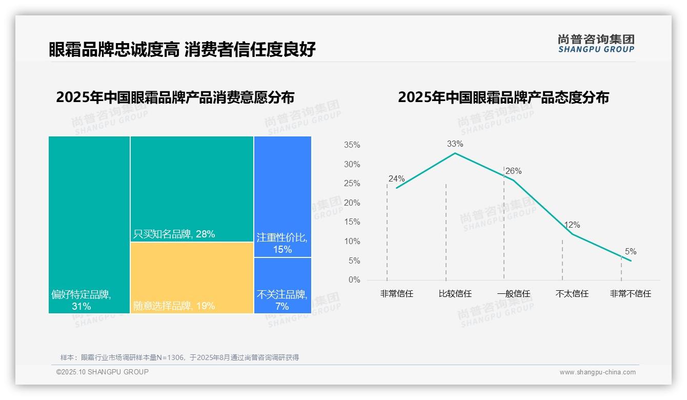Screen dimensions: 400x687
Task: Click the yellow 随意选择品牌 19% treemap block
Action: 192,277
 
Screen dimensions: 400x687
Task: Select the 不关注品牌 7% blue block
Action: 282,285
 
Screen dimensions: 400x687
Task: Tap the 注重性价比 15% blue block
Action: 282,196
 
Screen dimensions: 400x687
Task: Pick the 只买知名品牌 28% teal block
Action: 192,189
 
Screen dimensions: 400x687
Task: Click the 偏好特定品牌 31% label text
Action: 81,301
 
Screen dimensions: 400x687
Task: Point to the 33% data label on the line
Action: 455,144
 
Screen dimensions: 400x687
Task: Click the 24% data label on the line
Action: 396,179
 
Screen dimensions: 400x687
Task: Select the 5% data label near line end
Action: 631,252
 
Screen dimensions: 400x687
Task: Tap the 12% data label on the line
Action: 572,225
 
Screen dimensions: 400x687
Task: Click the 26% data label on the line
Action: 513,171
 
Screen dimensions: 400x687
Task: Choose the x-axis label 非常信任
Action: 396,294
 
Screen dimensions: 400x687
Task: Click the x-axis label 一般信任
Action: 513,294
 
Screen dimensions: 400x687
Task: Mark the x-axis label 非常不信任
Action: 630,294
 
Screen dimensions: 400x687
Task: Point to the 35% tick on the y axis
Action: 352,145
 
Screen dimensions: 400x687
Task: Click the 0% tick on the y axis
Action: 354,280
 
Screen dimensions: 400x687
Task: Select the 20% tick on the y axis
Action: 352,203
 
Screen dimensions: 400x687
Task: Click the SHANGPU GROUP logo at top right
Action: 596,44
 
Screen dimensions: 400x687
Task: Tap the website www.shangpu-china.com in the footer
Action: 597,372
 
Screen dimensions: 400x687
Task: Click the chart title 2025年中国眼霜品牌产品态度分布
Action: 503,97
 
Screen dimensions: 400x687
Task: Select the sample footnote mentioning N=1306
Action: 179,357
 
